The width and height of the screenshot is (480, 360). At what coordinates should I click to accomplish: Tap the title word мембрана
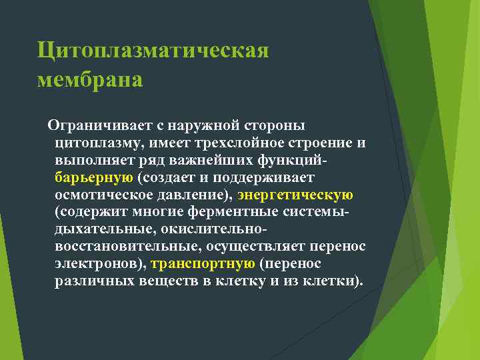pos(90,79)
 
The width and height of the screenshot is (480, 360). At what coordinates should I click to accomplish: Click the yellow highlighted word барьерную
pos(93,179)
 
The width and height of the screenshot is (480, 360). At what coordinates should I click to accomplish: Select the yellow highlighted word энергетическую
pos(295,196)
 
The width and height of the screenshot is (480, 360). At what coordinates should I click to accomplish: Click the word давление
pos(189,196)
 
